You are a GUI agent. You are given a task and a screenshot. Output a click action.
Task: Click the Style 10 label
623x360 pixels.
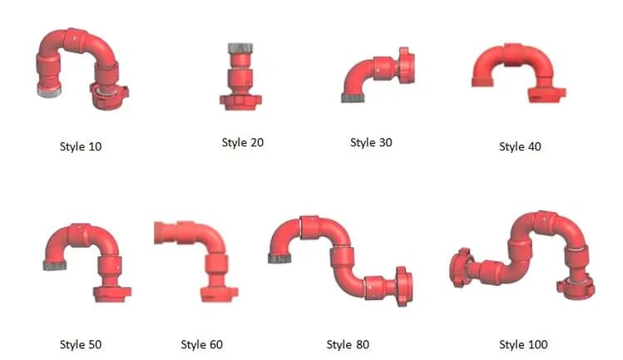point(81,146)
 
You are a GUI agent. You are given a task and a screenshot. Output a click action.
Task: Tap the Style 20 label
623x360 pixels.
point(243,143)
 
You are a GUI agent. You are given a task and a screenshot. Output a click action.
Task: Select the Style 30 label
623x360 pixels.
point(371,143)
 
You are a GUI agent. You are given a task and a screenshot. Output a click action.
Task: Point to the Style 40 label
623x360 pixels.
point(520,146)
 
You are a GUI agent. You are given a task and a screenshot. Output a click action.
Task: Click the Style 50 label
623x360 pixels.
point(81,344)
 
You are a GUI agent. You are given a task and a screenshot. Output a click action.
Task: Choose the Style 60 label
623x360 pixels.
point(202,344)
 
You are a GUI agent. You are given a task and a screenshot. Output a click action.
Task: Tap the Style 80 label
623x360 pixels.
point(348,344)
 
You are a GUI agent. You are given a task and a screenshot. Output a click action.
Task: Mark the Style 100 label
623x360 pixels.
point(523,344)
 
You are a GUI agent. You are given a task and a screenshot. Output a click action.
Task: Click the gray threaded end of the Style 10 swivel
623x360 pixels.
point(49,90)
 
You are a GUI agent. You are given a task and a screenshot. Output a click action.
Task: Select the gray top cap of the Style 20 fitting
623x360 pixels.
point(240,48)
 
